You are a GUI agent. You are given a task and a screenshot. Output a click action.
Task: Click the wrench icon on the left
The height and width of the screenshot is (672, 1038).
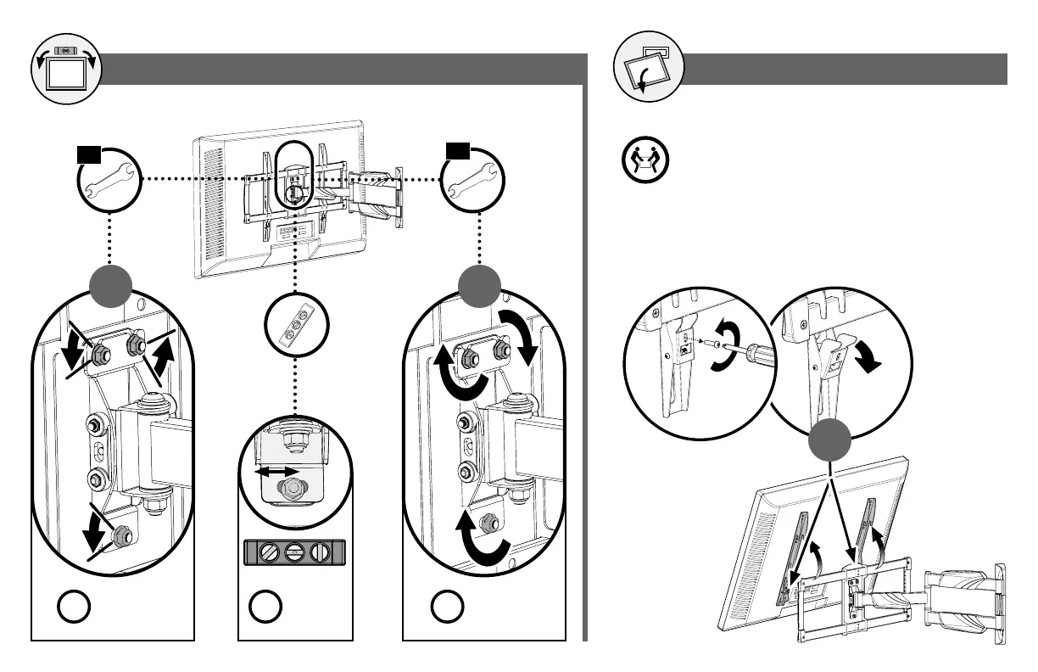click(108, 181)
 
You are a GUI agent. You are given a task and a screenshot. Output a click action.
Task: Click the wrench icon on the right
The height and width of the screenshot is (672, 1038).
click(472, 181)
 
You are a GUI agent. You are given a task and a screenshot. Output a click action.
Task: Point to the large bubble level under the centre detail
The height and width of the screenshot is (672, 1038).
click(294, 552)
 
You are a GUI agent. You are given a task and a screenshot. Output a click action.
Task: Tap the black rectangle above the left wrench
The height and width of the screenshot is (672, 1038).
click(89, 154)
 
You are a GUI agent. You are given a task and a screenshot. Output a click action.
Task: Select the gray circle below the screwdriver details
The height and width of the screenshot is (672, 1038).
click(829, 442)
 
